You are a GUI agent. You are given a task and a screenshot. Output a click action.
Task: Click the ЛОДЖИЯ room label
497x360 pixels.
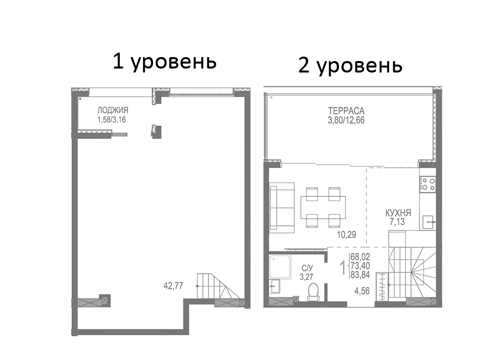[x=113, y=111]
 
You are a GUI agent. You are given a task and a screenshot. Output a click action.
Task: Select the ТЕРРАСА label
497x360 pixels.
[x=346, y=111]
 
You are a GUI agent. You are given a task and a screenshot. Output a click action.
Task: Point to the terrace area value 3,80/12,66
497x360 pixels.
[x=346, y=120]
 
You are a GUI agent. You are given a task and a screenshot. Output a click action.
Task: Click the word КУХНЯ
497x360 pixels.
[x=398, y=213]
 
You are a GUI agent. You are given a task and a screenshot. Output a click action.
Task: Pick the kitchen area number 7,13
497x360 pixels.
[x=397, y=222]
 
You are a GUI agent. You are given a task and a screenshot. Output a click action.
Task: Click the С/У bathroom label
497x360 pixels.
[x=307, y=269]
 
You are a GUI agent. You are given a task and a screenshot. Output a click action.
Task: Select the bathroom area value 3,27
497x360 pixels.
[x=307, y=277]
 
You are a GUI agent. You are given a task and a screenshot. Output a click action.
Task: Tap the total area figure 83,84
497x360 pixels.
[x=360, y=274]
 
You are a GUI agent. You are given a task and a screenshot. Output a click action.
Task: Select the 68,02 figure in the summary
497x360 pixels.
[x=360, y=257]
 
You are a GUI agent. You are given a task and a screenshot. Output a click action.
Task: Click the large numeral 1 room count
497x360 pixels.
[x=342, y=268]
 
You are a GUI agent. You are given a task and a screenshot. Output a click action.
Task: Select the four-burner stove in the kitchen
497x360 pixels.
[x=428, y=184]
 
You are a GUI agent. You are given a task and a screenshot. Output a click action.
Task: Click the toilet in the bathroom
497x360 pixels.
[x=313, y=292]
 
